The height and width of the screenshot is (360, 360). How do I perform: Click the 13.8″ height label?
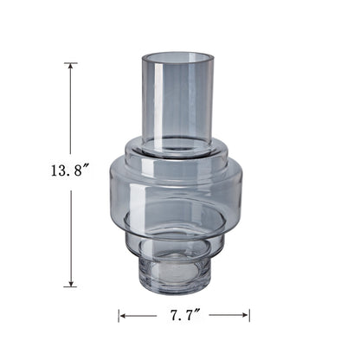tap(69, 170)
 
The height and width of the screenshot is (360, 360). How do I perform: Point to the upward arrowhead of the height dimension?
tap(70, 67)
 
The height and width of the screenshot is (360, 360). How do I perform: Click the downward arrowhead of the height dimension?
tap(70, 283)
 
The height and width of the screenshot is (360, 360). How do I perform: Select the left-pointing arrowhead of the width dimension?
tap(124, 316)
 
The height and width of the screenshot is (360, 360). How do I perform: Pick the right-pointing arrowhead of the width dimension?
tap(245, 315)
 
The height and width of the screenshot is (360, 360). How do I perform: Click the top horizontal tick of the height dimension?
tap(70, 63)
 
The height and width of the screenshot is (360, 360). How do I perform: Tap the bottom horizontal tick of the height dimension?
tap(70, 286)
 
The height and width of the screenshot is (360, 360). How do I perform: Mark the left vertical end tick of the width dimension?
tap(119, 316)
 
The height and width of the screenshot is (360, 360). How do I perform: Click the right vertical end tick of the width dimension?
tap(249, 315)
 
